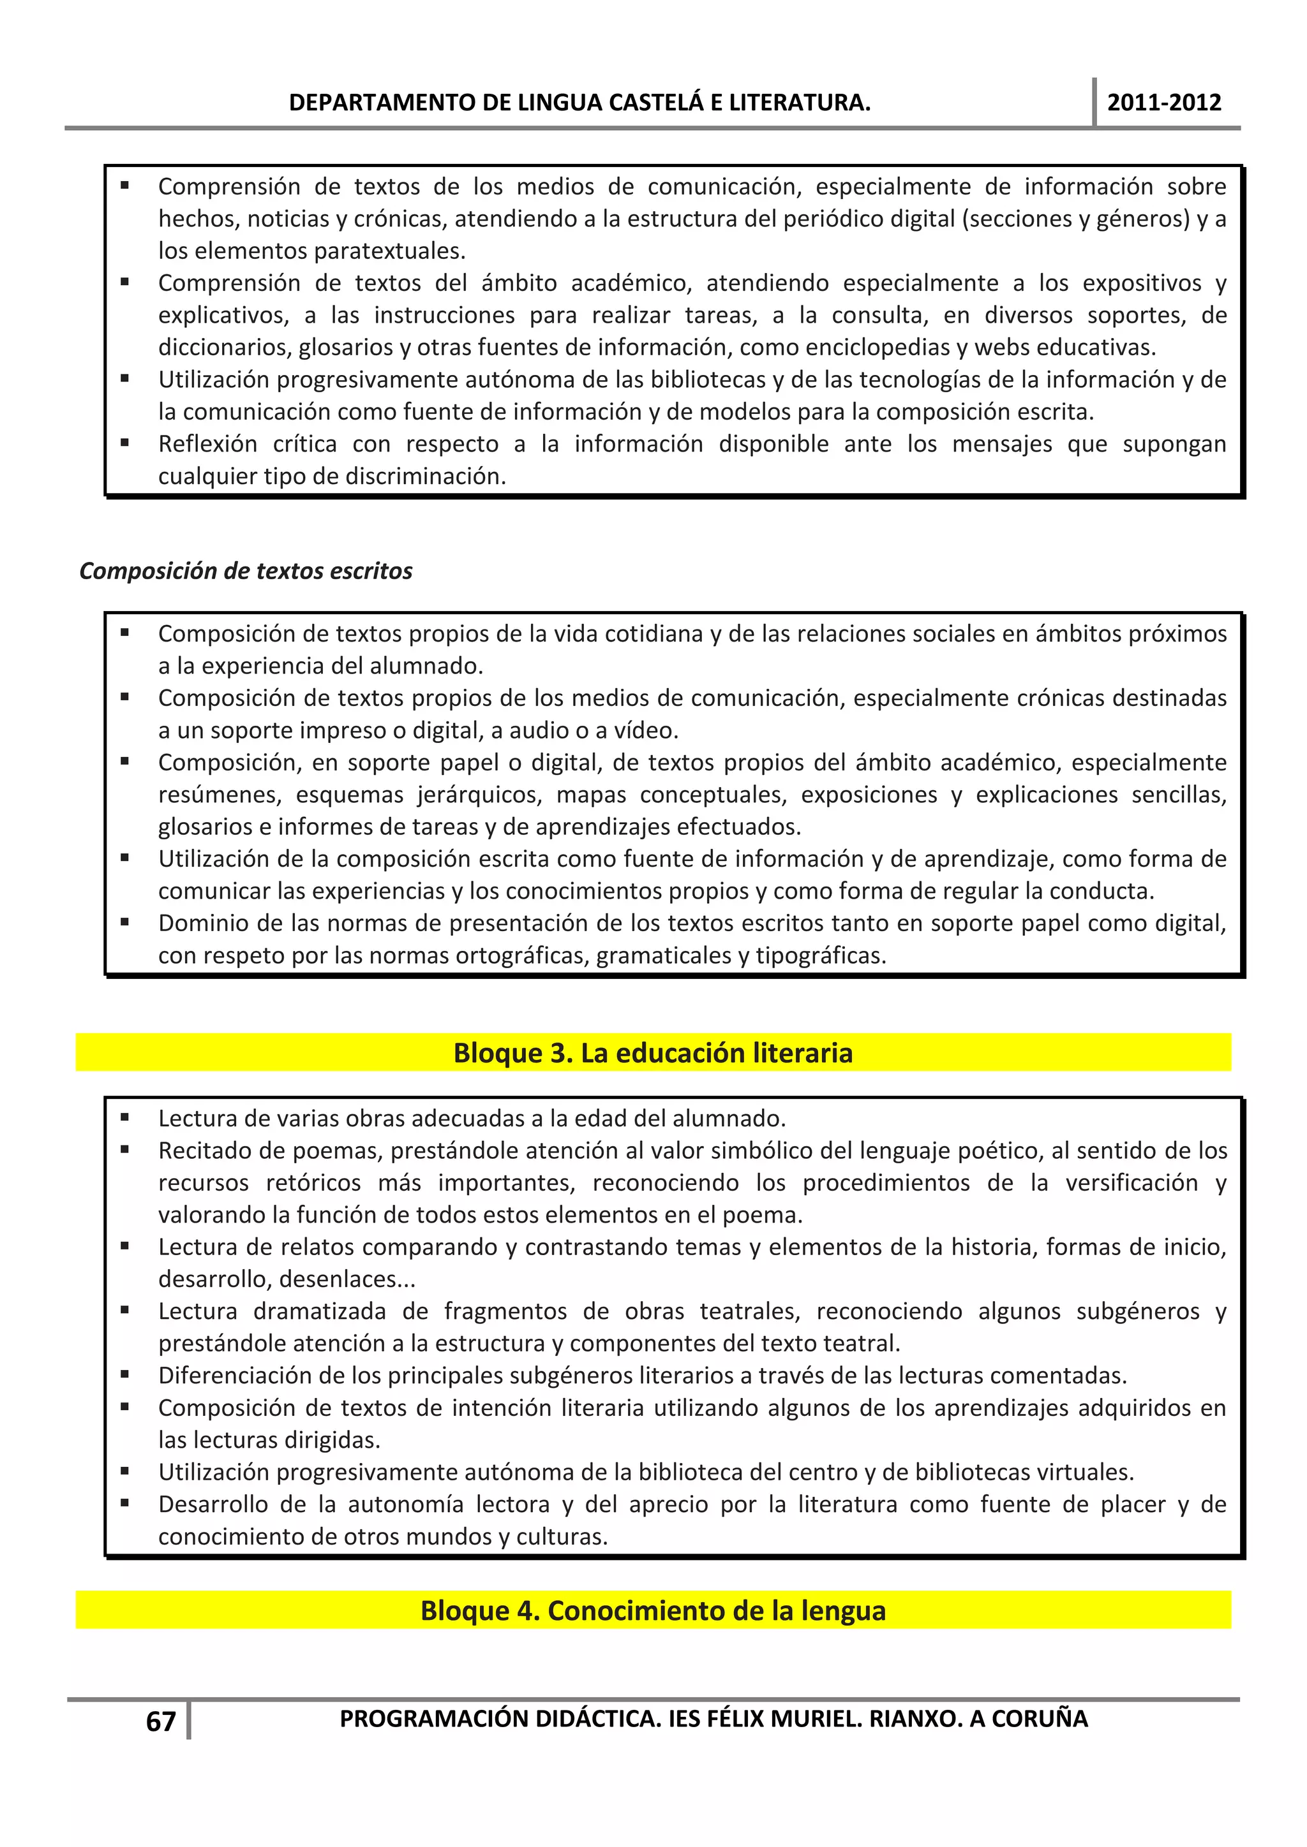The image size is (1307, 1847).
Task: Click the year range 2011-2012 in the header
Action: point(1164,102)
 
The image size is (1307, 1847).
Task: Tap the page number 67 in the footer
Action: point(160,1721)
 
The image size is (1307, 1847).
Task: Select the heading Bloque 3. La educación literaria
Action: point(653,1052)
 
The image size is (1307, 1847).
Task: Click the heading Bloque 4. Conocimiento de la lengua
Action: point(653,1610)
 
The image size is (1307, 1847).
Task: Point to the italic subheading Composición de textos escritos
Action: point(246,571)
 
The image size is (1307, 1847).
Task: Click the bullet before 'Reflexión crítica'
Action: point(124,443)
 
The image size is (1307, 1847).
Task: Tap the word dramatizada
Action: point(318,1311)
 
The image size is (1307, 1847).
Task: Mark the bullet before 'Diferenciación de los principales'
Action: point(124,1375)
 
